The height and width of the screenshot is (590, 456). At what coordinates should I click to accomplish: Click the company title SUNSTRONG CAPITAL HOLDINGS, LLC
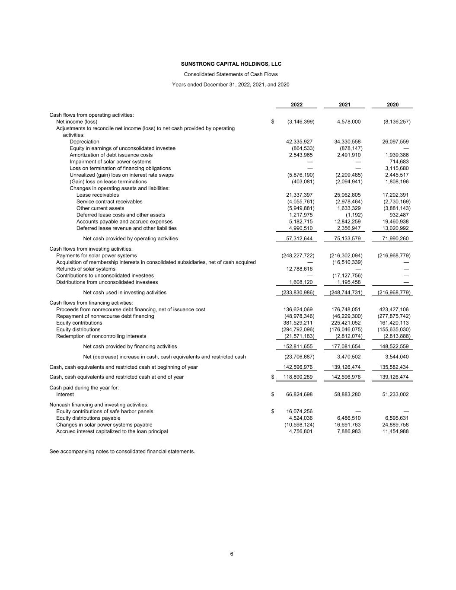click(x=231, y=64)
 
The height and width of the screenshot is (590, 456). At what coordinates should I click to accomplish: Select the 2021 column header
click(x=344, y=105)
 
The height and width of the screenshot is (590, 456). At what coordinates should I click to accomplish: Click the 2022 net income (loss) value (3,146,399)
click(x=300, y=122)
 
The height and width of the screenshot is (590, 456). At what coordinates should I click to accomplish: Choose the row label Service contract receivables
click(x=109, y=201)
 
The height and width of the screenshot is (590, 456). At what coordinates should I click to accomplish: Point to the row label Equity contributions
click(x=79, y=323)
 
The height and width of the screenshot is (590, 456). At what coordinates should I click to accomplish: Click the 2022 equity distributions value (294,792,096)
click(x=298, y=329)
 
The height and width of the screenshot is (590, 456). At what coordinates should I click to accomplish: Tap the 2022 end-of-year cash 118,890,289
click(x=298, y=377)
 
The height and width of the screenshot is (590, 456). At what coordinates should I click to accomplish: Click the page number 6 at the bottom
click(x=232, y=554)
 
